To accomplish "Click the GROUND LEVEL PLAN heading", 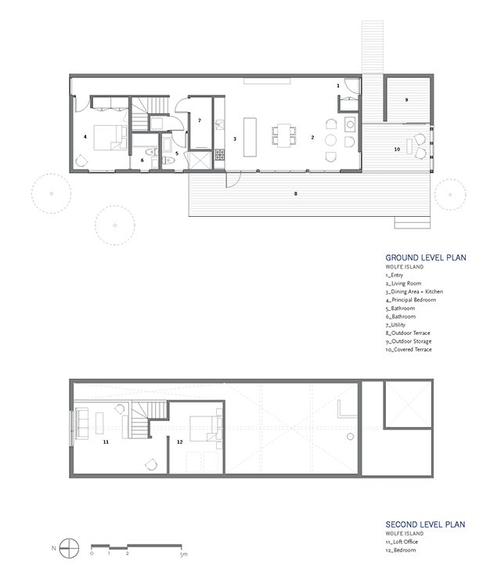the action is pos(426,257).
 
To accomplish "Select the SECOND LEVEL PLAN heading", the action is pos(425,524).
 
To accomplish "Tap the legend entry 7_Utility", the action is pos(395,325).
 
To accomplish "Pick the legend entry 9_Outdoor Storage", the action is pos(409,341).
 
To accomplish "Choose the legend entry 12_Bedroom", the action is pos(401,550).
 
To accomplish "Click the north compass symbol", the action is pos(69,549).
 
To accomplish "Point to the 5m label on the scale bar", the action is pos(183,554).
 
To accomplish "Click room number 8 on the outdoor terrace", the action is pos(296,193).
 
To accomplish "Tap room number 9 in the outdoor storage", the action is pos(406,100).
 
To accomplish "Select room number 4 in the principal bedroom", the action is pos(85,137).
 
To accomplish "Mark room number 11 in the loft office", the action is pos(106,441).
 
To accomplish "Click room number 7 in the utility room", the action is pos(200,121).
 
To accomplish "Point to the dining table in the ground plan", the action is pos(285,135).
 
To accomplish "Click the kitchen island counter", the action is pos(250,137).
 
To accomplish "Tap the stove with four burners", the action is pos(220,155).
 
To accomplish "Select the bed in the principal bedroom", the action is pos(110,138).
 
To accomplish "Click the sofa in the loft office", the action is pos(82,424).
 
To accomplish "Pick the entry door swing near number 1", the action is pos(352,85).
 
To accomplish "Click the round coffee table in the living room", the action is pos(330,140).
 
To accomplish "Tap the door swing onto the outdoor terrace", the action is pos(232,180).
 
